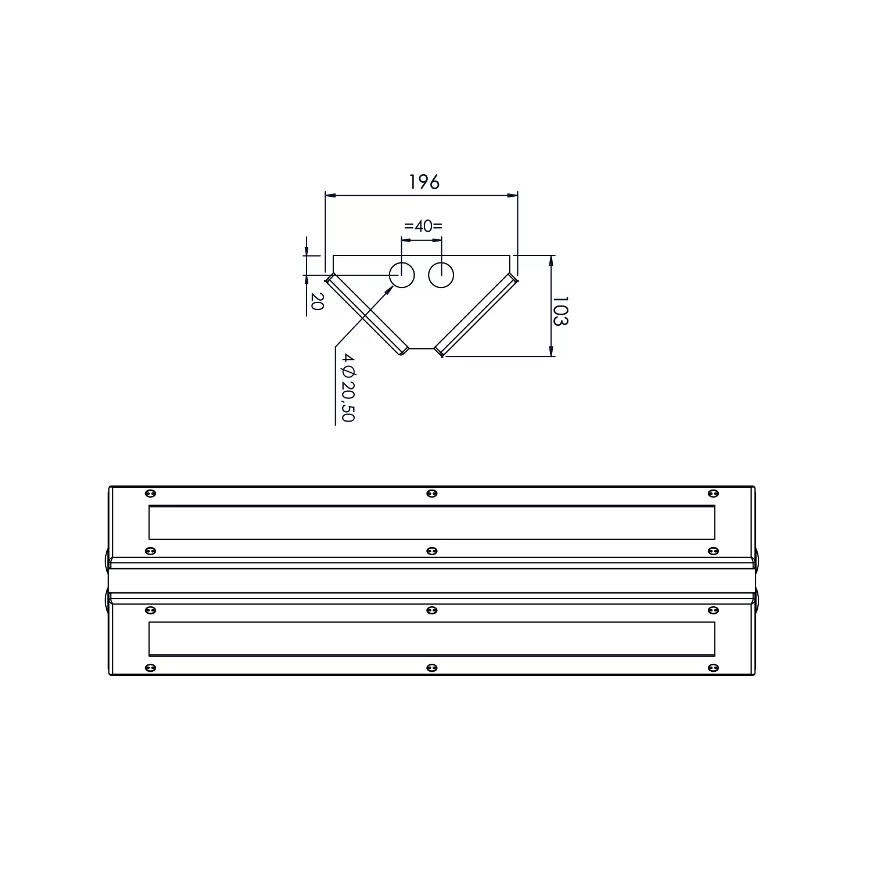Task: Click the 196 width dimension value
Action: coord(424,182)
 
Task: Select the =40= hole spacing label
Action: coord(423,225)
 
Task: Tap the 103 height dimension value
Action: coord(560,311)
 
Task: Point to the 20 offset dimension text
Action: coord(316,301)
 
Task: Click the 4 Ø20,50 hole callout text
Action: coord(348,387)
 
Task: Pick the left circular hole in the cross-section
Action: coord(402,275)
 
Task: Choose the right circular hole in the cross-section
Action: coord(441,275)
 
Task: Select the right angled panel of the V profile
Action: coord(476,314)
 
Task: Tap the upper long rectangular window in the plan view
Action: coord(432,523)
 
